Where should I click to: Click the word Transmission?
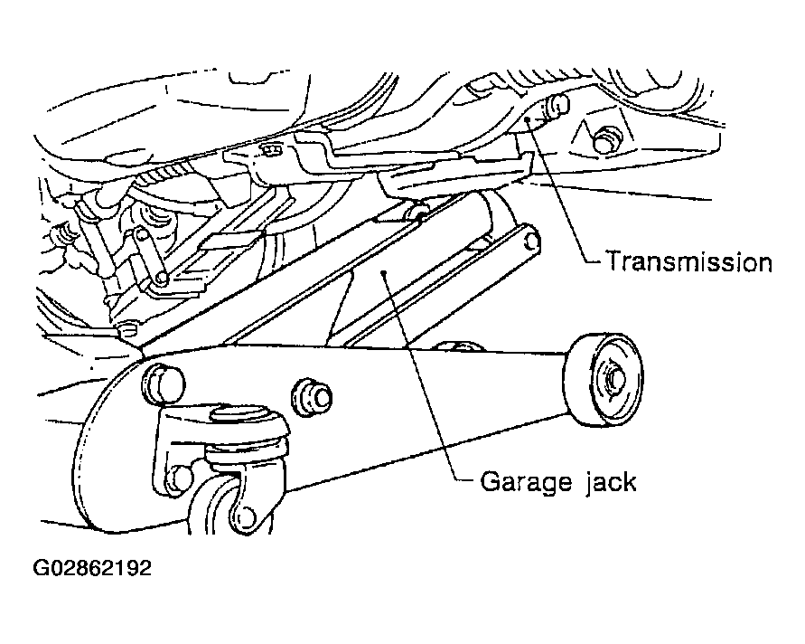click(x=689, y=261)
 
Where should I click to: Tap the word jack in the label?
click(x=611, y=483)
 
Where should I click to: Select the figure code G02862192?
click(x=92, y=568)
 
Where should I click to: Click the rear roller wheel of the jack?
click(x=604, y=380)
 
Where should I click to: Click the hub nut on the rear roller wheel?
click(x=615, y=379)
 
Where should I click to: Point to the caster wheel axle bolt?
click(x=246, y=516)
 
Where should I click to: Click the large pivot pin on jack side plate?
click(x=163, y=383)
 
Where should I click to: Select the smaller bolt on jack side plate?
click(x=312, y=397)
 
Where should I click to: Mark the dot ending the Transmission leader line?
click(x=529, y=120)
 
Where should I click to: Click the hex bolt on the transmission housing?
click(x=607, y=138)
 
